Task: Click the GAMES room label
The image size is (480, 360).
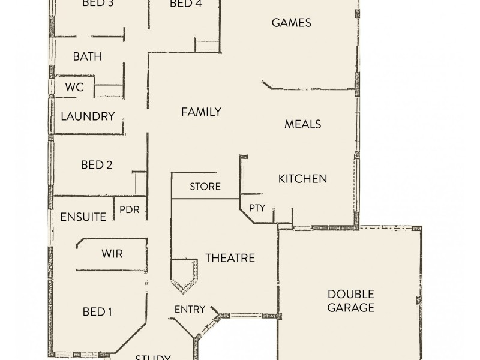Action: click(291, 23)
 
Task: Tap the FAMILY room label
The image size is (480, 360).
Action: click(202, 112)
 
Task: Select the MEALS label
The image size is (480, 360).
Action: click(302, 124)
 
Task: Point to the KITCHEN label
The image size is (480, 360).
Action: click(302, 179)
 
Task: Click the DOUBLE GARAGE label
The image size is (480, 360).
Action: click(351, 301)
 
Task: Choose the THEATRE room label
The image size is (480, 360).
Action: click(230, 258)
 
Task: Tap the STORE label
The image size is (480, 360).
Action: click(205, 187)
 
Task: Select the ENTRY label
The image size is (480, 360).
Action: click(190, 310)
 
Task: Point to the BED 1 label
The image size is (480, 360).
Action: click(98, 311)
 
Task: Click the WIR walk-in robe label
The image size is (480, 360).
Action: click(112, 254)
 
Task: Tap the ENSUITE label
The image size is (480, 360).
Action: click(83, 217)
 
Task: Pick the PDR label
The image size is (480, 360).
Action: click(130, 210)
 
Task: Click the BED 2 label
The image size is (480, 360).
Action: click(97, 165)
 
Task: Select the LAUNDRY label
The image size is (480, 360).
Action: click(88, 116)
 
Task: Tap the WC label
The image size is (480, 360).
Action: click(74, 88)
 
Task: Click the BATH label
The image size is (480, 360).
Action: click(88, 56)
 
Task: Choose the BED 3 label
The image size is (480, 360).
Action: click(97, 4)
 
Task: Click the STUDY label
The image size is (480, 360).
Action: click(153, 357)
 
